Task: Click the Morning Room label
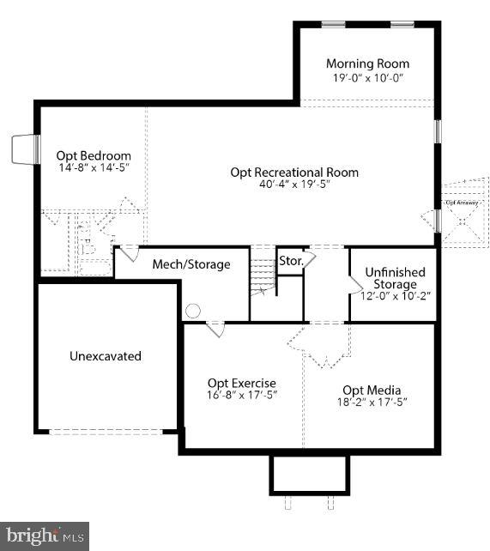point(367,64)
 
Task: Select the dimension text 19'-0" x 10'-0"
point(367,77)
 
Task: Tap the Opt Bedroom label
point(94,155)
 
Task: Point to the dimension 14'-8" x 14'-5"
point(94,169)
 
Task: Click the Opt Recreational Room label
point(294,172)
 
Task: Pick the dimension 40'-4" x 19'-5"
point(294,184)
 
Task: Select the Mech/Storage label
point(191,264)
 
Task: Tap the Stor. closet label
point(289,261)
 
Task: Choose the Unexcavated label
point(106,355)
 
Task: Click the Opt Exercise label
point(242,383)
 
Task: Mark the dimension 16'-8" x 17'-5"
point(242,396)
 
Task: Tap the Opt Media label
point(372,390)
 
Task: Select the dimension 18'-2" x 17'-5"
point(372,402)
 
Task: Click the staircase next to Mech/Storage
point(262,272)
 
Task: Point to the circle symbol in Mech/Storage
point(193,311)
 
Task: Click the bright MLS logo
point(45,536)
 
